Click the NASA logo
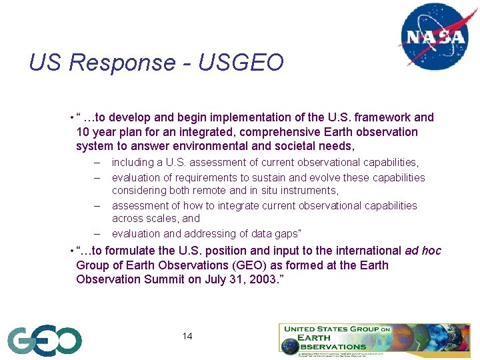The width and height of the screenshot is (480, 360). coord(433,36)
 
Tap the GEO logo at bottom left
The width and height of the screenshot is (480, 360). coord(45,341)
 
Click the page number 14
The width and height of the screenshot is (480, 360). coord(187,336)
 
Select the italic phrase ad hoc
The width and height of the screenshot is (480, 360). coord(423,251)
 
